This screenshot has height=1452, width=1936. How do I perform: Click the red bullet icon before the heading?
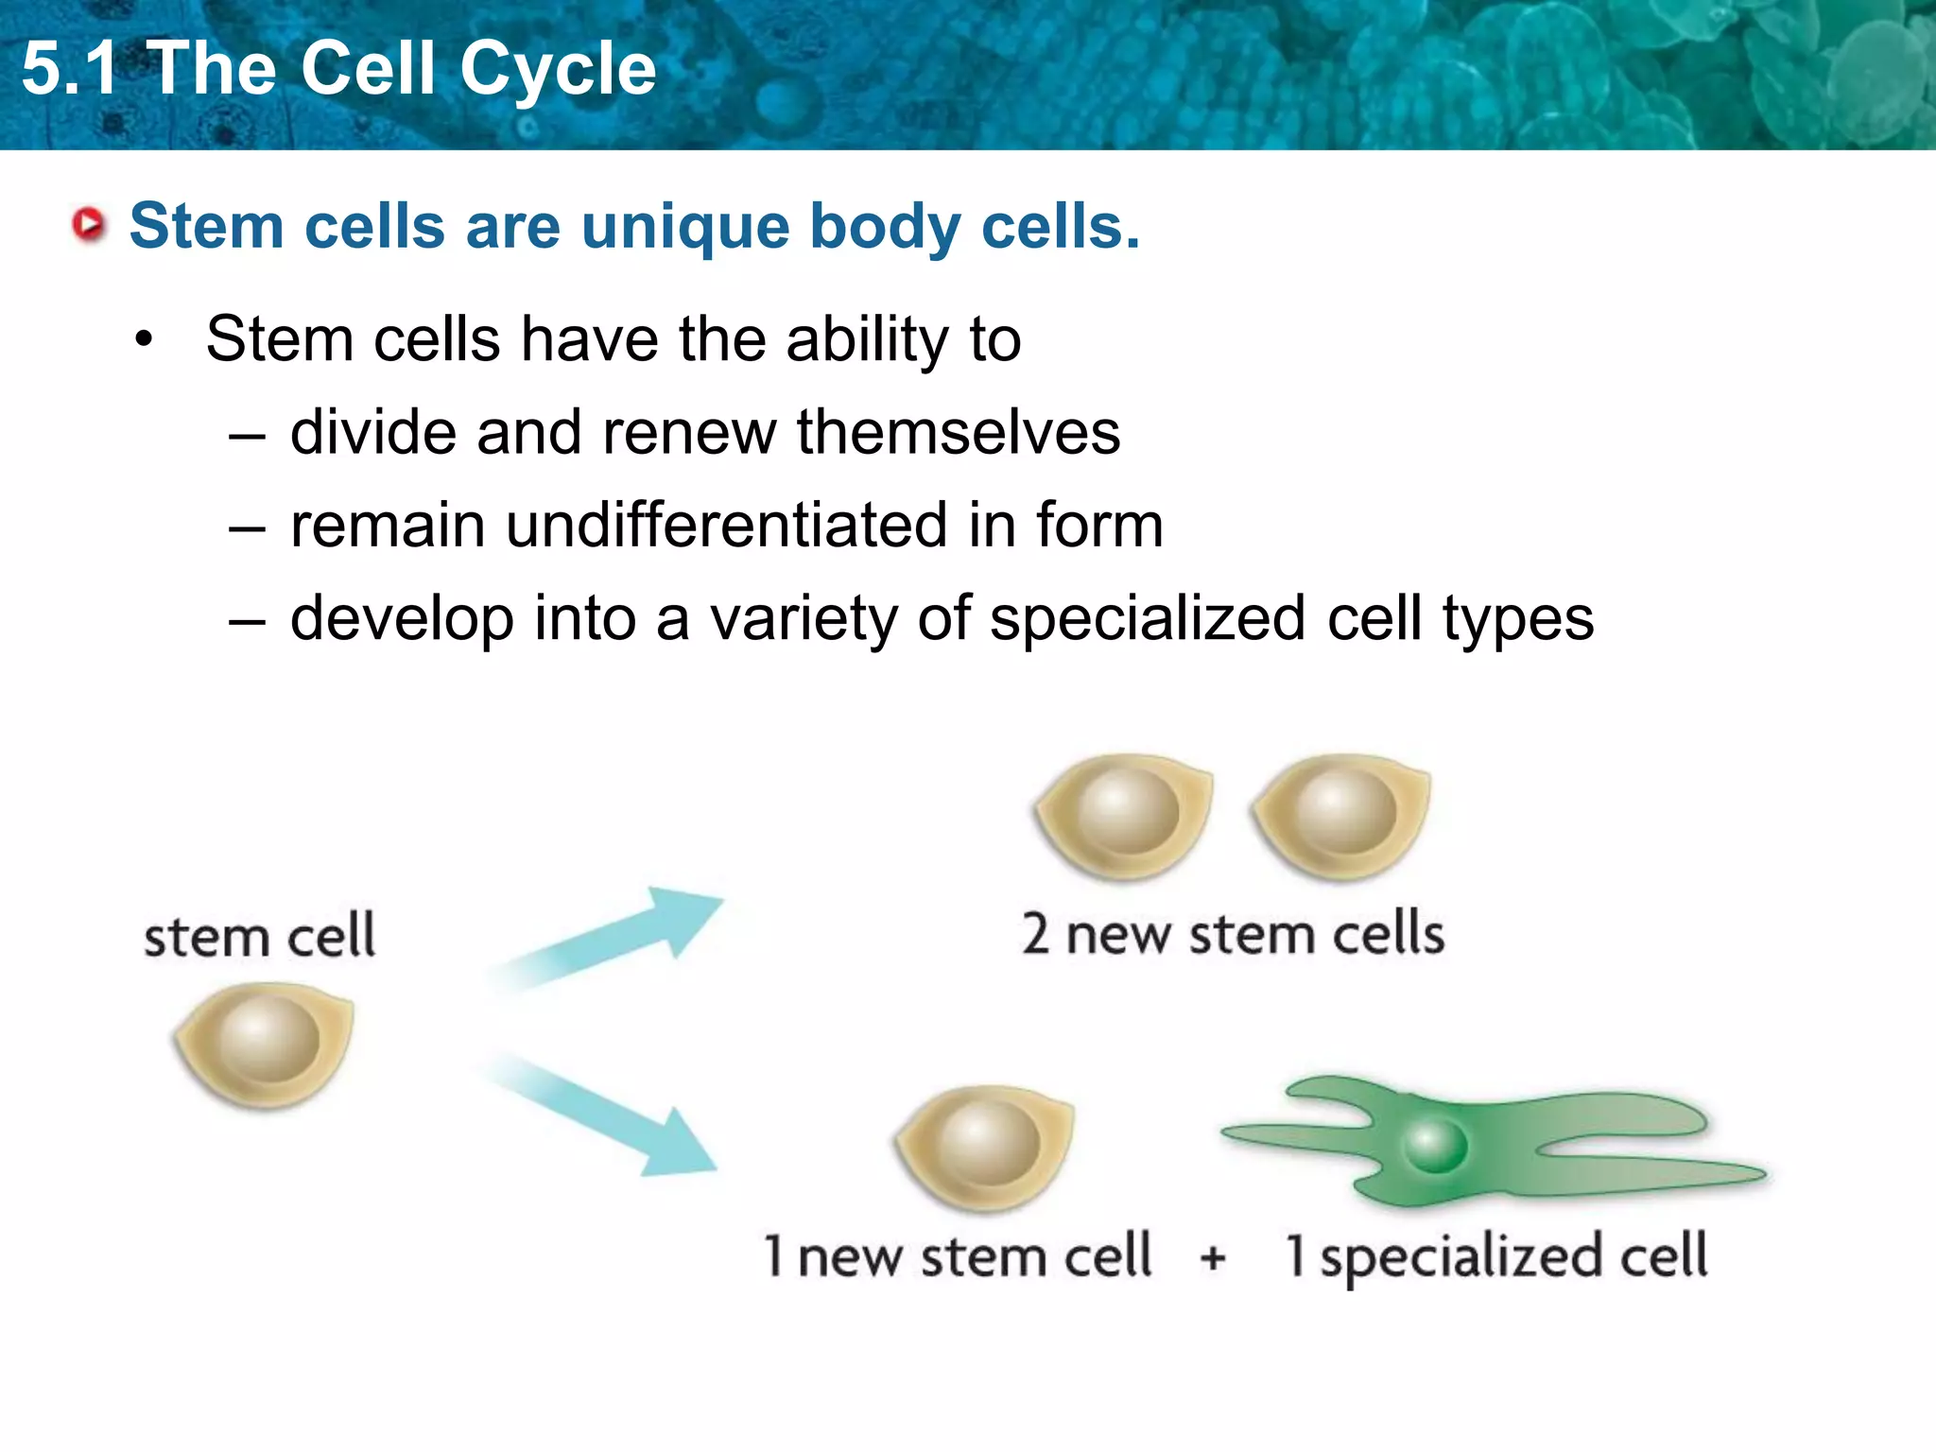coord(90,225)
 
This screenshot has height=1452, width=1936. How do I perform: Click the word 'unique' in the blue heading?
coord(684,227)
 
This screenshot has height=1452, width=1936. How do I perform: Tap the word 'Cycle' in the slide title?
coord(559,69)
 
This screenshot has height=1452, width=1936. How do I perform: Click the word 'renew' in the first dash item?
coord(688,432)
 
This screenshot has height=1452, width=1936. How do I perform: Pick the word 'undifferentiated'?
coord(726,525)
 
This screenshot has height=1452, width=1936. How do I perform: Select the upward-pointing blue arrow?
coord(614,937)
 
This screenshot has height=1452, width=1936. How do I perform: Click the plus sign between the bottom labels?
coord(1213,1258)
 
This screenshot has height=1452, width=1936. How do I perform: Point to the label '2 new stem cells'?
coord(1233,934)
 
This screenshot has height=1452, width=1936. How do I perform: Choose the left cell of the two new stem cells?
coord(1124,815)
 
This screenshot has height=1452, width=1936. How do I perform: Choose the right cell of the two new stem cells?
coord(1341,815)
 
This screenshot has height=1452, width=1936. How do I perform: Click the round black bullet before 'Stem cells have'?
coord(144,339)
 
